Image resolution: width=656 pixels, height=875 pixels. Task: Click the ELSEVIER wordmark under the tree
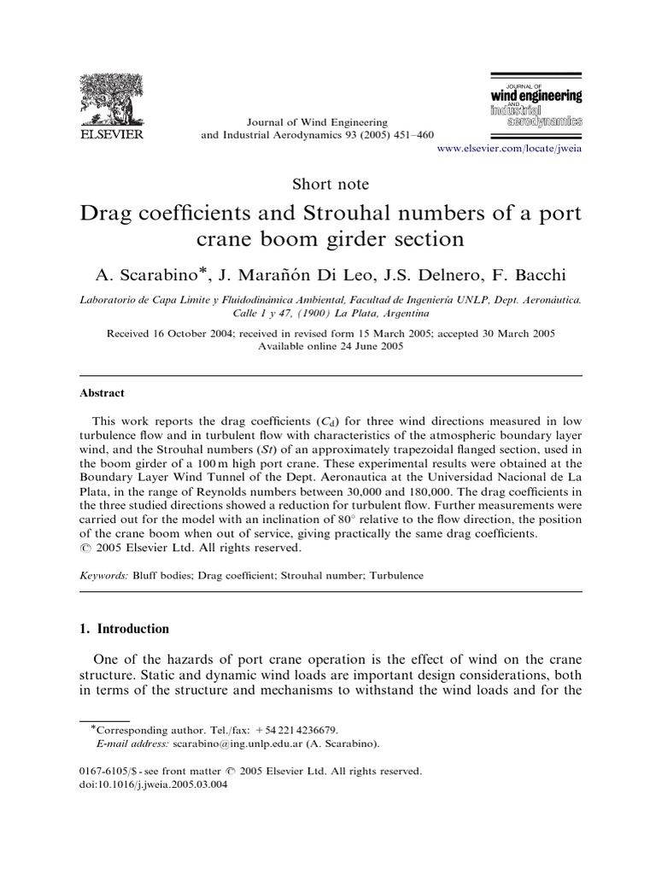[x=113, y=135]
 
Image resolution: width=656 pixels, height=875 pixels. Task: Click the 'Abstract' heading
[x=102, y=393]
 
